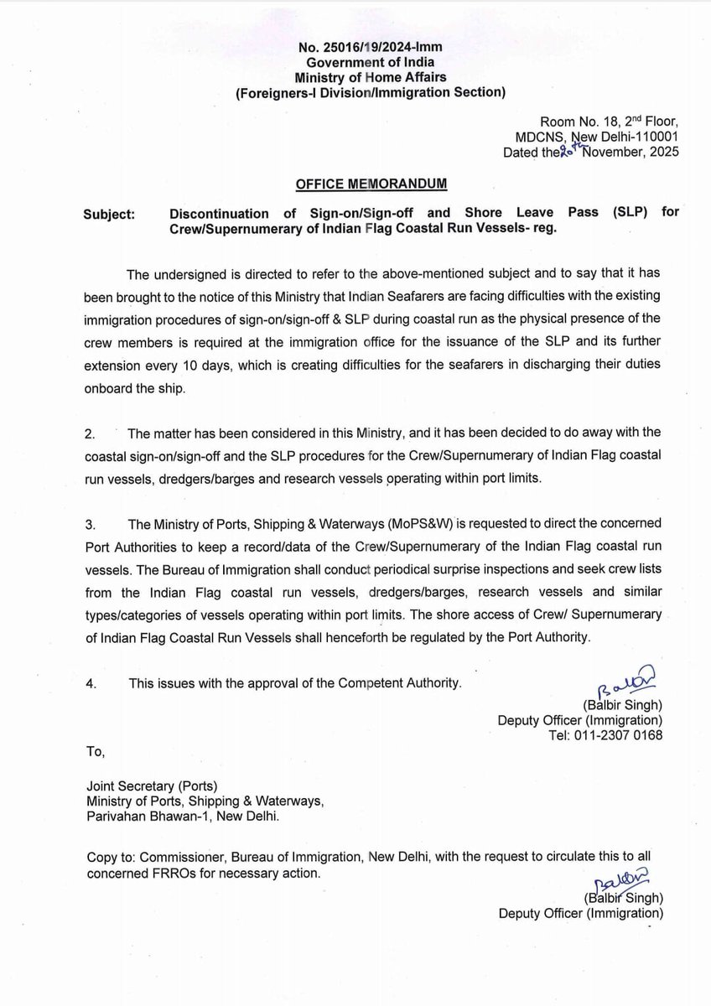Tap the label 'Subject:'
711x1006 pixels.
click(109, 214)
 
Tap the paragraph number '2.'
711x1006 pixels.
click(91, 433)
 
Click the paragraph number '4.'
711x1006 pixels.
click(91, 684)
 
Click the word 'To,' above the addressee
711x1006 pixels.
click(96, 753)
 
